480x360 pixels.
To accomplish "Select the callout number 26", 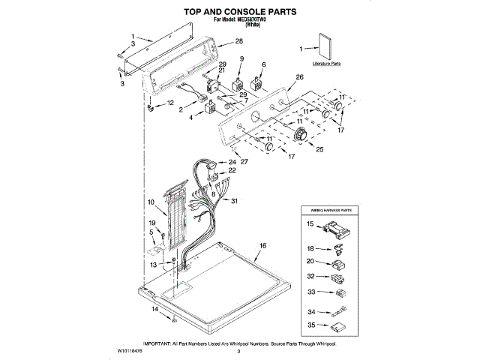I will [x=299, y=77].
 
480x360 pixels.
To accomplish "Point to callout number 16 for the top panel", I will [x=262, y=246].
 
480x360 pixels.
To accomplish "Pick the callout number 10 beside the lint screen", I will [x=151, y=202].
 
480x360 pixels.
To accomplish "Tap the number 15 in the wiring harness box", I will [x=310, y=223].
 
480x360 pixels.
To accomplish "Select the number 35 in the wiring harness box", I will [x=310, y=325].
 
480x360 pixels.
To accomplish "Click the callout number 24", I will [x=232, y=162].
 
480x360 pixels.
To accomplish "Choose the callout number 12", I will [x=169, y=103].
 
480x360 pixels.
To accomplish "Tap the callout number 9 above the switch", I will [x=241, y=58].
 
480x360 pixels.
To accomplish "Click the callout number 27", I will [x=244, y=162].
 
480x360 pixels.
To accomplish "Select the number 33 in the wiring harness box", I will [x=310, y=292].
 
